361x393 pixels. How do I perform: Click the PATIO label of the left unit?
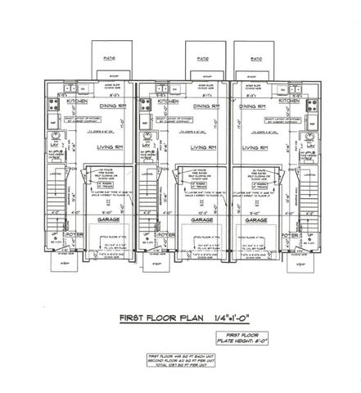[x=109, y=60]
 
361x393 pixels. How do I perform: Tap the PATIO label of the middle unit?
[x=201, y=60]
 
